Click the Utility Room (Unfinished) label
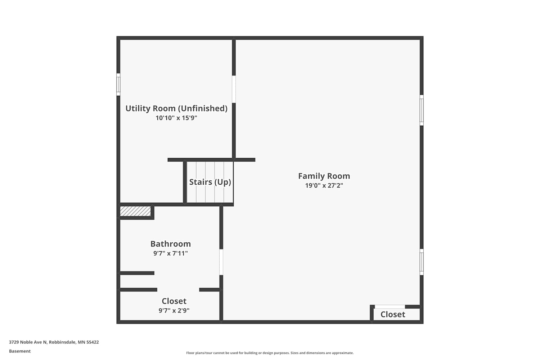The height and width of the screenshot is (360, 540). [x=176, y=108]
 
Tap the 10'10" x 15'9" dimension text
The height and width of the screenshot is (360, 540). [x=176, y=118]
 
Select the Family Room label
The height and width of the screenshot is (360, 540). [x=324, y=176]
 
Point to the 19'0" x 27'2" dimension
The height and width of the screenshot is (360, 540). [x=324, y=185]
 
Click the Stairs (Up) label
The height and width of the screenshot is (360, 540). [x=210, y=182]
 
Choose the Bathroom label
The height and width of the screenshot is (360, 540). [x=171, y=244]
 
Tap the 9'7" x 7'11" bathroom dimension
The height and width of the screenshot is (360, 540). [x=171, y=253]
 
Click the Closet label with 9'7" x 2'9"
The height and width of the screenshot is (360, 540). [x=174, y=301]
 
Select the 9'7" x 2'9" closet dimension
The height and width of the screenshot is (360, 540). [x=174, y=310]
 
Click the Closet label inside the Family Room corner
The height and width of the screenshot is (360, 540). [x=393, y=314]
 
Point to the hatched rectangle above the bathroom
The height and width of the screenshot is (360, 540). [x=135, y=211]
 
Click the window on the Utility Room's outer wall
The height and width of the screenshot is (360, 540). [x=118, y=85]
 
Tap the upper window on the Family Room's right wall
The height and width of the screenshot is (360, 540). [x=422, y=110]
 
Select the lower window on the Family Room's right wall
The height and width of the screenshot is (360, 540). [x=422, y=262]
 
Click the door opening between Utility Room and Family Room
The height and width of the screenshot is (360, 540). [x=234, y=89]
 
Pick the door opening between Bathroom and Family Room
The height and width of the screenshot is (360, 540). [x=221, y=262]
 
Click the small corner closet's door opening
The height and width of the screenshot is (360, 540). [x=390, y=307]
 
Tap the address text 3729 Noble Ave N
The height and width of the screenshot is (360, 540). [x=28, y=342]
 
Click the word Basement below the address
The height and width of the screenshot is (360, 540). [x=20, y=351]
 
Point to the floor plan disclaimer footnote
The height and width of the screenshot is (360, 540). [x=270, y=353]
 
